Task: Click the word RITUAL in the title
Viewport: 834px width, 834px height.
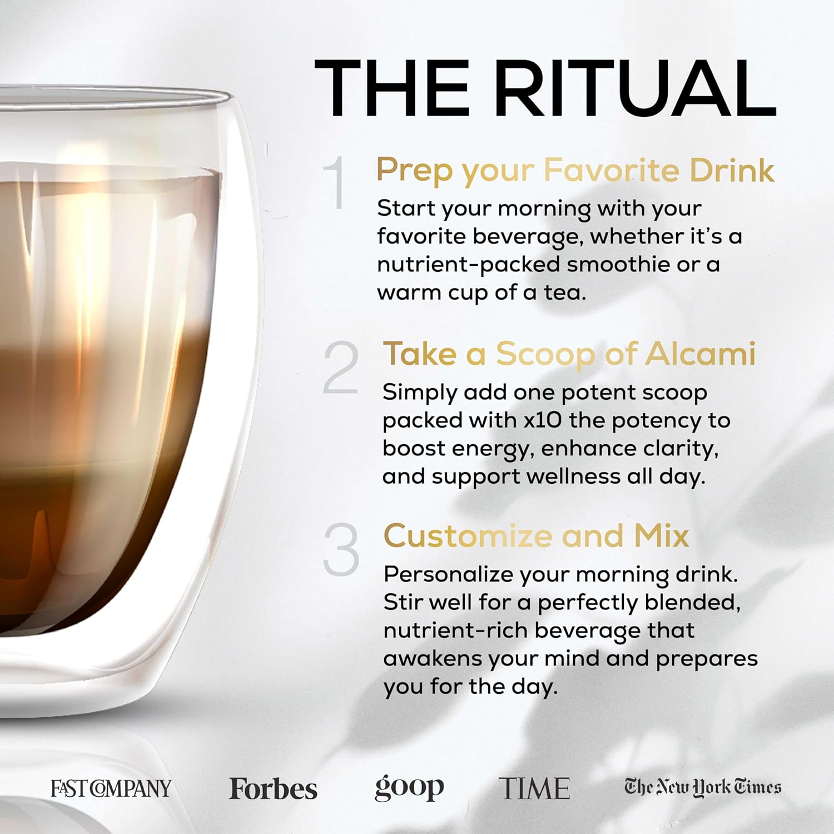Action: point(635,89)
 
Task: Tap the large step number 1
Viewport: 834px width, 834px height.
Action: point(334,183)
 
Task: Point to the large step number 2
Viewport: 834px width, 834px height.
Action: point(340,368)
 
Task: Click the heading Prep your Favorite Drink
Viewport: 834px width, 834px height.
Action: point(575,170)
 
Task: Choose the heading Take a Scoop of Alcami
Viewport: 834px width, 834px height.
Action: point(569,354)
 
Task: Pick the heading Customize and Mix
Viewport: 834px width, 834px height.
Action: point(536,536)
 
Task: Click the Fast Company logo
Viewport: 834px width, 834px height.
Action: point(111,788)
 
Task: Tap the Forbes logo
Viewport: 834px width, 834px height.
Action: point(273,788)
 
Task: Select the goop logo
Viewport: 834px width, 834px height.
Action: point(409,788)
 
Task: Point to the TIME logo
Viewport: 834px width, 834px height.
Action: point(534,788)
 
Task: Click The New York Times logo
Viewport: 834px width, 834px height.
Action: point(703,787)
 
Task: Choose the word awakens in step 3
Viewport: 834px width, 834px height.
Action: point(433,658)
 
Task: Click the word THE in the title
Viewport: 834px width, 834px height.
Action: point(392,89)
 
